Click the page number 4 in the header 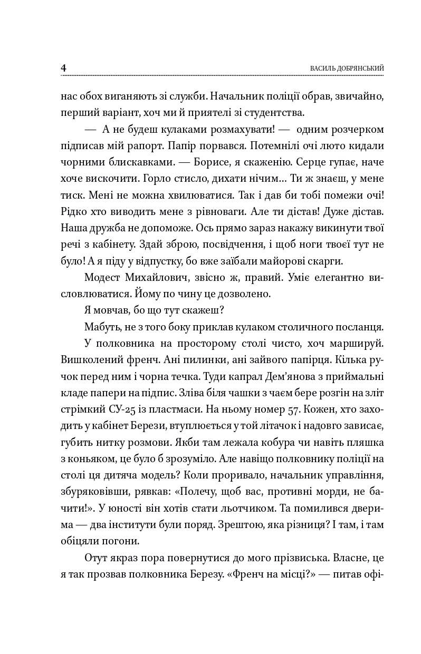(63, 68)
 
